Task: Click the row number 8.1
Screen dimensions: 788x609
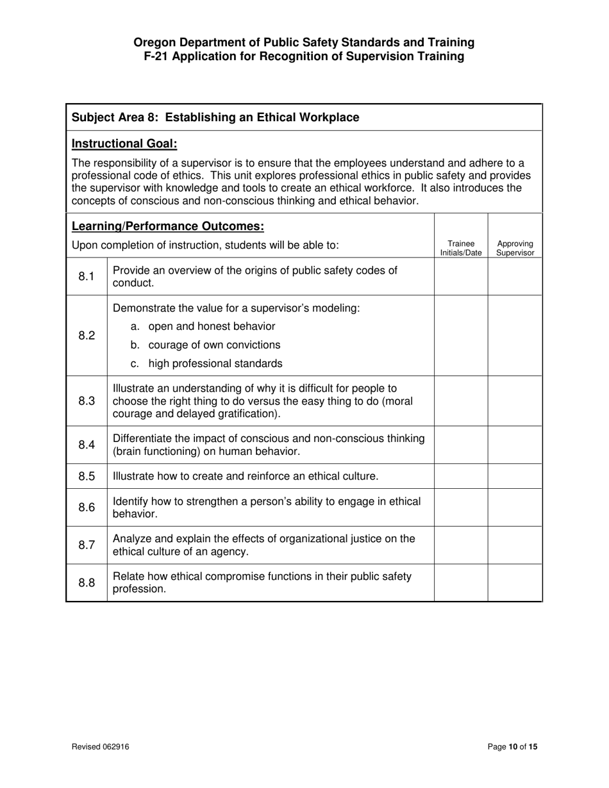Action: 87,277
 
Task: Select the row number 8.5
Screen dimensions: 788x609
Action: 87,477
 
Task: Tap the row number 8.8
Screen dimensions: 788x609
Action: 87,583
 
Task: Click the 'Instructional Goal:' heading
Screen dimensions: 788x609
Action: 124,144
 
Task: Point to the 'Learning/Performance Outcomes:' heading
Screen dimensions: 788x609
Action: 168,226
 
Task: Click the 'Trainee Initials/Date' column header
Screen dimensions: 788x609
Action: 461,249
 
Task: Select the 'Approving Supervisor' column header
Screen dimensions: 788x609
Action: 515,249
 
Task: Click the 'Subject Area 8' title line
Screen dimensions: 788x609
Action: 215,117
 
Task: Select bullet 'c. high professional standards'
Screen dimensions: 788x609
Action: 206,364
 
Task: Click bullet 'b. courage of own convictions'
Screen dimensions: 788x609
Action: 205,345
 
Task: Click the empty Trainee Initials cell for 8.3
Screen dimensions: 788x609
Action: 461,401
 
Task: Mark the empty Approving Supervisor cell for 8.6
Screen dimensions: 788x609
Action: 515,507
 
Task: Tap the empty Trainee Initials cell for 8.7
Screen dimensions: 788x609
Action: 461,545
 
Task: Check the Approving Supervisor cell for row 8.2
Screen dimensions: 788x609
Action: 515,336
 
